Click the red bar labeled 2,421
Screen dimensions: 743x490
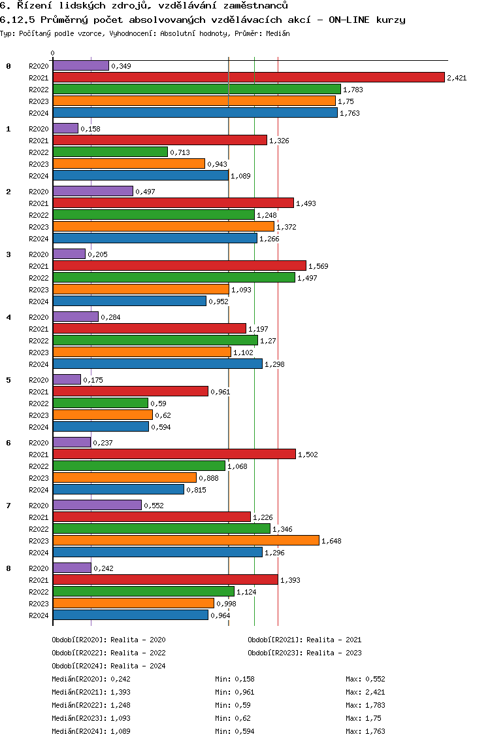click(x=248, y=77)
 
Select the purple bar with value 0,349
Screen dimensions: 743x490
click(x=80, y=65)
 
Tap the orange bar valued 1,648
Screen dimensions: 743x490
click(x=186, y=540)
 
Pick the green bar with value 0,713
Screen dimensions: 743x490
click(x=110, y=152)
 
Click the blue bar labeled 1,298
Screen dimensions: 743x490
click(x=157, y=364)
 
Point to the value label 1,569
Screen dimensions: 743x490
click(x=318, y=266)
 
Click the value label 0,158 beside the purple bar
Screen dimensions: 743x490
click(x=90, y=129)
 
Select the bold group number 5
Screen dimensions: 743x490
click(x=8, y=379)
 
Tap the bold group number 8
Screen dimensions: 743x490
click(x=8, y=568)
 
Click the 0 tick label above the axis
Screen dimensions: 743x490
click(x=53, y=53)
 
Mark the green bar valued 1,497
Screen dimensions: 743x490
click(x=174, y=277)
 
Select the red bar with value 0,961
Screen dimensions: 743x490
click(x=130, y=391)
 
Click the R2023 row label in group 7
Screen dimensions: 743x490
click(x=39, y=540)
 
